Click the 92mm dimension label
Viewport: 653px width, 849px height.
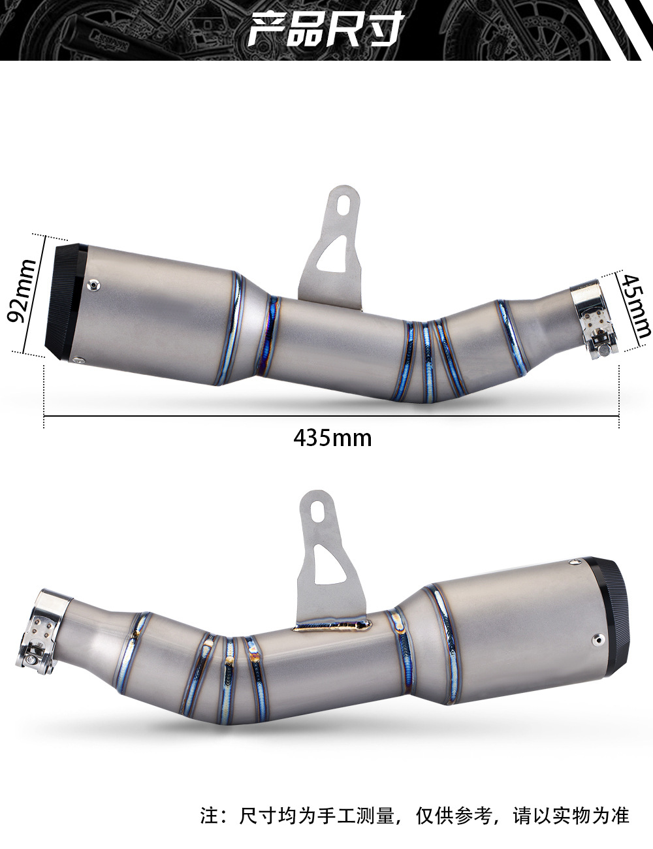22,291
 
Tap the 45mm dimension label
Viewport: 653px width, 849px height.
635,305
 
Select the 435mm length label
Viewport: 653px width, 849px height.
332,438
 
